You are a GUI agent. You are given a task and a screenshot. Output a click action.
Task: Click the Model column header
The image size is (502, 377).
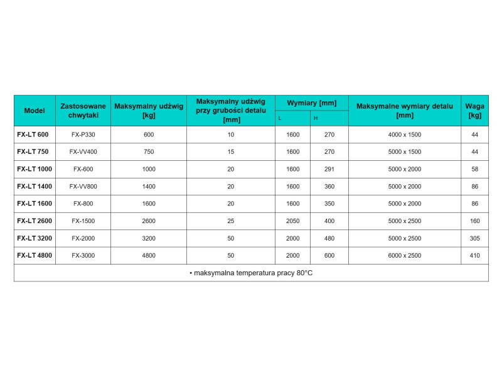35,111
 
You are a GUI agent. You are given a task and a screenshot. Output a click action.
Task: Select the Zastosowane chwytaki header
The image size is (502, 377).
83,111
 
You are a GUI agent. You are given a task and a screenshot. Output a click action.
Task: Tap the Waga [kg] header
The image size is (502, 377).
474,111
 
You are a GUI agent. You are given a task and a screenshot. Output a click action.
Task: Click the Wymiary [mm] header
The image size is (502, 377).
311,102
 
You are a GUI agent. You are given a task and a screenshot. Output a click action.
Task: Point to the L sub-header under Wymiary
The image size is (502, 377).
280,118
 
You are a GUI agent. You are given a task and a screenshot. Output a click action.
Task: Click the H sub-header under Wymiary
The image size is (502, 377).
316,118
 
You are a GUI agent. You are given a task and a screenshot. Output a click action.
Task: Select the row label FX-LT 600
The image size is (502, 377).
33,134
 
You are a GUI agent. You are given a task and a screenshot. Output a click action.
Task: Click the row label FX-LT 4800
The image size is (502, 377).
35,256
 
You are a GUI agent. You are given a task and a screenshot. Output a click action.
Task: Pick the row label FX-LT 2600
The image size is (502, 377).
35,221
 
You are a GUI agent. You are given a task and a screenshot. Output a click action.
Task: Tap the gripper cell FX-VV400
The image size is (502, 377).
83,152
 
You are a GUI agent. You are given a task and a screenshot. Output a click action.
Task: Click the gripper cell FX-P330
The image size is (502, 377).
83,134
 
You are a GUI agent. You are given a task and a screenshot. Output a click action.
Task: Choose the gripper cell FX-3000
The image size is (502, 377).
83,256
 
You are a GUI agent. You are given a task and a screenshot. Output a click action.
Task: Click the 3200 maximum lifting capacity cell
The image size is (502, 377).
148,239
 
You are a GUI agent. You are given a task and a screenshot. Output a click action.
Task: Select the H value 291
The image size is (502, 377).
329,169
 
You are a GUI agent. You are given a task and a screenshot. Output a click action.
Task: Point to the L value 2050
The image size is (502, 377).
293,221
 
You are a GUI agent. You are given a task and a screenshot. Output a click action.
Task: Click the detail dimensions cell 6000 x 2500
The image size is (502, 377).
405,256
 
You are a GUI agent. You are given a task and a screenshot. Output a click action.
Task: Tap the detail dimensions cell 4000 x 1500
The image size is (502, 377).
405,134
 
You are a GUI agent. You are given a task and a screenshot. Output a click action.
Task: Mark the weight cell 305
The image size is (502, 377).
474,239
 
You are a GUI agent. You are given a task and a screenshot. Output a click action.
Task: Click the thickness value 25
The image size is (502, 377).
231,221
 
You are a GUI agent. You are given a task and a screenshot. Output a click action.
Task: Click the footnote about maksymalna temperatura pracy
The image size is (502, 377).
251,273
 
